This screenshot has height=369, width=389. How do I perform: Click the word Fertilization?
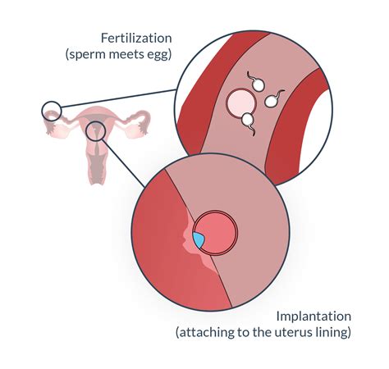pyautogui.click(x=136, y=38)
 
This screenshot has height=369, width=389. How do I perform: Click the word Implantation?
pyautogui.click(x=313, y=317)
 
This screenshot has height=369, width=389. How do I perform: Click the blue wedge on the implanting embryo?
pyautogui.click(x=199, y=240)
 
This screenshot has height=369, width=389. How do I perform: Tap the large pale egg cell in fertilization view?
pyautogui.click(x=241, y=102)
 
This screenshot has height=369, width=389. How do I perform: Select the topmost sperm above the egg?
pyautogui.click(x=256, y=82)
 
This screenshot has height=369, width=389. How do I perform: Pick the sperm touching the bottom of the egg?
pyautogui.click(x=248, y=123)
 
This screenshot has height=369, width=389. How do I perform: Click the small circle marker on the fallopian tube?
pyautogui.click(x=52, y=111)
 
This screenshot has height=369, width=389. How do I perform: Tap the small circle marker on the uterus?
pyautogui.click(x=95, y=130)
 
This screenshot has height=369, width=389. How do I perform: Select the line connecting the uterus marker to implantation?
pyautogui.click(x=124, y=163)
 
